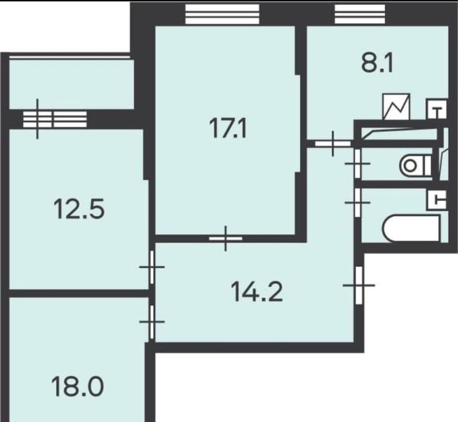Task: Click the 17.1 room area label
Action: [228, 129]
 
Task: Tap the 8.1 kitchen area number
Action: [378, 63]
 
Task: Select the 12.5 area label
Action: [79, 209]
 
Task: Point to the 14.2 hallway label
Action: [257, 292]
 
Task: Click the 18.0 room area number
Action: [77, 386]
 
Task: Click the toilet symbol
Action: [415, 166]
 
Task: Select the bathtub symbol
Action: [411, 229]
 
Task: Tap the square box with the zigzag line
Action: [396, 106]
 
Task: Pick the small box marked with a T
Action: [437, 109]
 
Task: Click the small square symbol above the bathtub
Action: [437, 200]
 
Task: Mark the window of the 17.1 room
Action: [222, 14]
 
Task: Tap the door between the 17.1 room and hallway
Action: [226, 238]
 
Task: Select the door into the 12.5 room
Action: [152, 267]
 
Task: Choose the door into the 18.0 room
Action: [152, 321]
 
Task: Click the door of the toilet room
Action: [357, 164]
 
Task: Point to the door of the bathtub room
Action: [357, 202]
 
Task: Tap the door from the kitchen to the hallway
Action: [333, 143]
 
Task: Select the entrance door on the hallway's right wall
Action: [359, 285]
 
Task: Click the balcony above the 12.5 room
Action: [72, 84]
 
